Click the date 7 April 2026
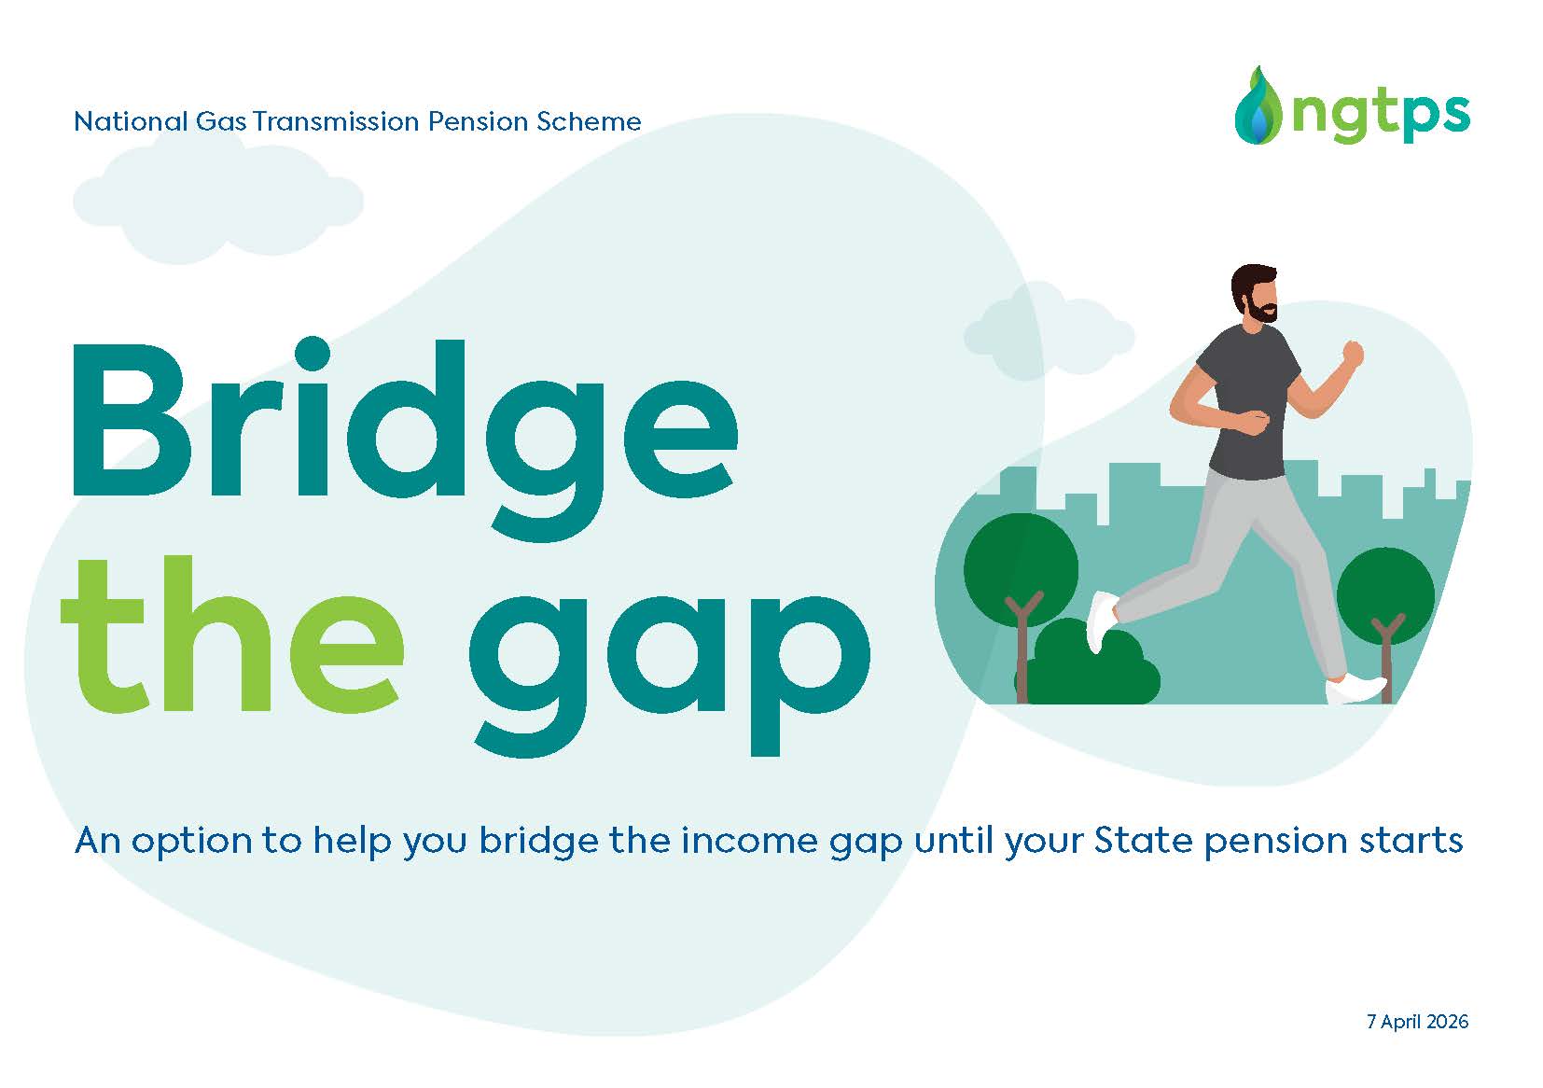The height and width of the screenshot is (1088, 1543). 1417,1022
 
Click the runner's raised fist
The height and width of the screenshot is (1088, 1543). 1352,354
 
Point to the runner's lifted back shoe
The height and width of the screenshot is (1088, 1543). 1102,620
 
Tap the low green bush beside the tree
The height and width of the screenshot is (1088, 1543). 1097,667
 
